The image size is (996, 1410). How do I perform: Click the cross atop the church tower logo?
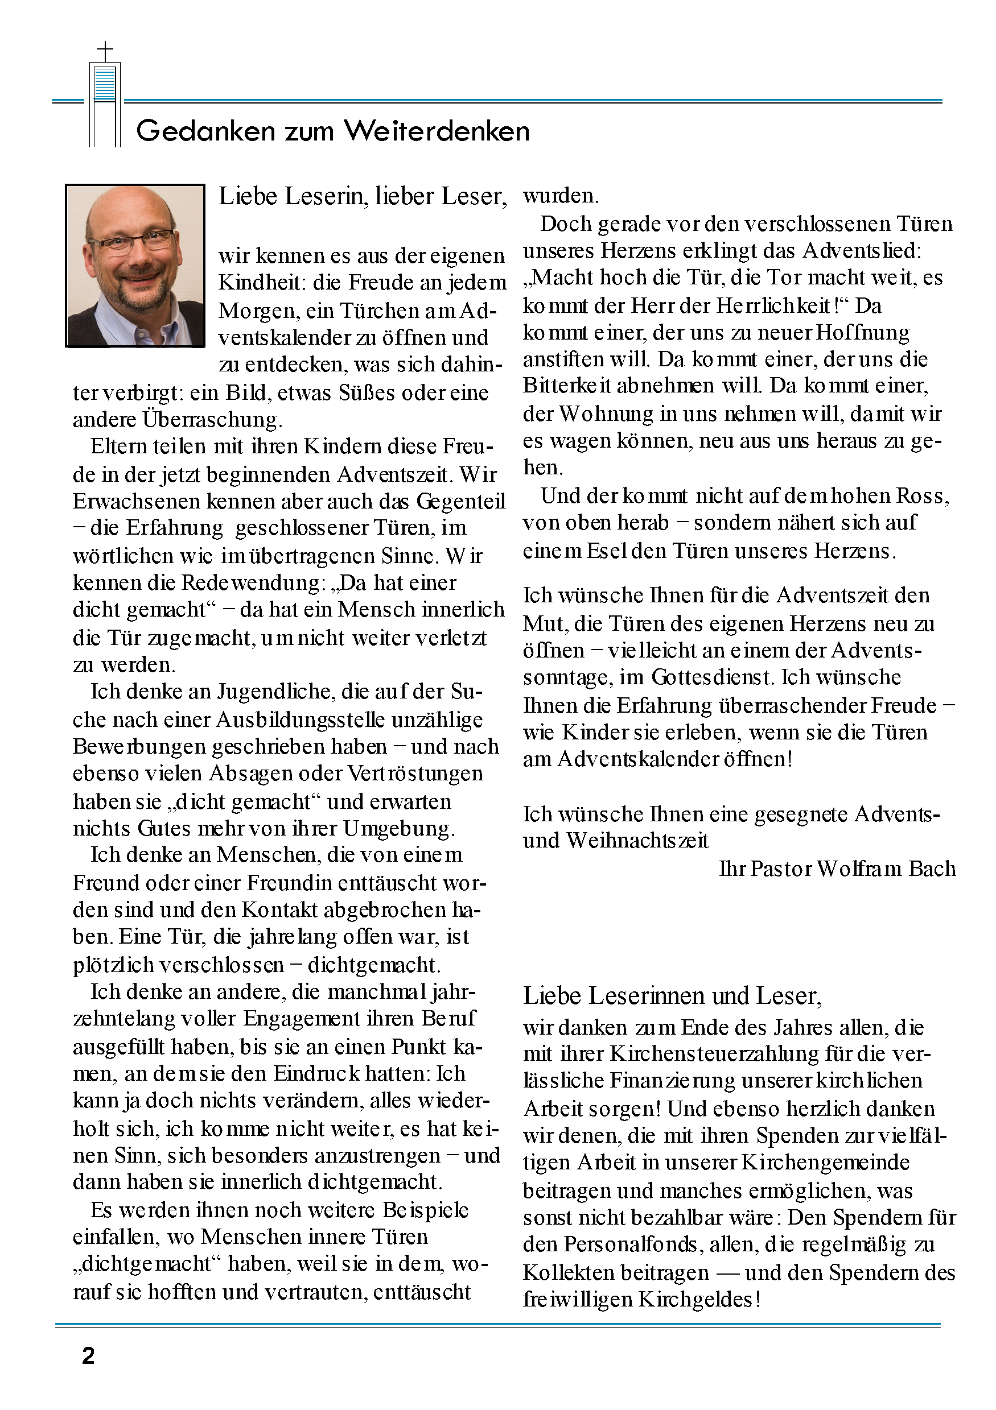(x=106, y=51)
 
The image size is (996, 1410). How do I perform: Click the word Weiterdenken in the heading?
(x=437, y=131)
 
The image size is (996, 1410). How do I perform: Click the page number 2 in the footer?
(x=88, y=1355)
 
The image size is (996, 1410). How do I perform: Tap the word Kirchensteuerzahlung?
(x=715, y=1054)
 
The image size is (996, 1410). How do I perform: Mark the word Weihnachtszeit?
(x=637, y=841)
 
